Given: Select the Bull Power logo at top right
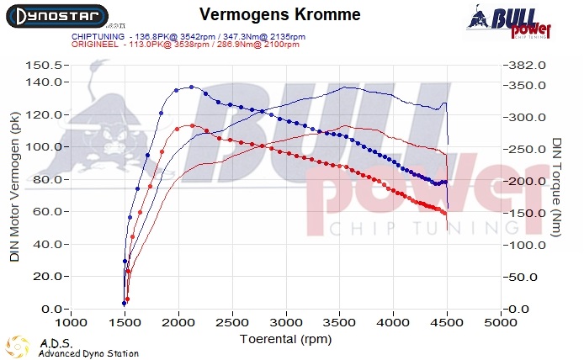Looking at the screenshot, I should tap(510, 20).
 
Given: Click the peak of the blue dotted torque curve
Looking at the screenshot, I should tap(191, 87).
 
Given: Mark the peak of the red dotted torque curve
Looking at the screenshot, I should tap(193, 125).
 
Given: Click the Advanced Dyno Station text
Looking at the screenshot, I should tap(88, 354).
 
